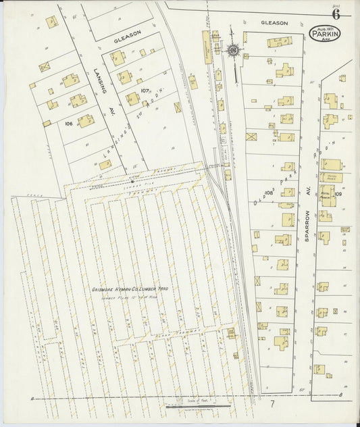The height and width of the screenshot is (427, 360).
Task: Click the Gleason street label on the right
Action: pyautogui.click(x=274, y=23)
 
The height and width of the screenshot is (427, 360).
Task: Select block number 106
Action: pyautogui.click(x=68, y=124)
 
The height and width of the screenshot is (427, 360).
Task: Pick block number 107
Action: pyautogui.click(x=145, y=90)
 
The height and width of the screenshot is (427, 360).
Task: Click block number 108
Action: pyautogui.click(x=268, y=193)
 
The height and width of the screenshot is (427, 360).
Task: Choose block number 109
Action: pyautogui.click(x=338, y=194)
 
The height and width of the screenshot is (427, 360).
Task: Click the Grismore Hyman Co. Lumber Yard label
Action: pyautogui.click(x=130, y=289)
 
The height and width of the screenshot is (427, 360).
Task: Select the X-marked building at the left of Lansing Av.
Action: pyautogui.click(x=45, y=67)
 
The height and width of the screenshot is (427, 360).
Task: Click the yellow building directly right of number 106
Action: pyautogui.click(x=86, y=121)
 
